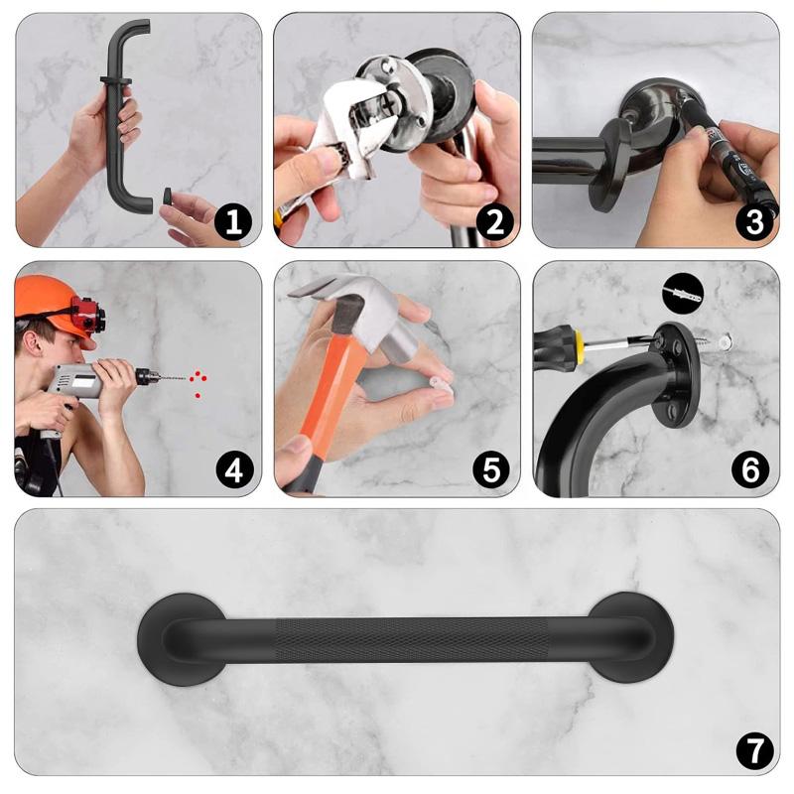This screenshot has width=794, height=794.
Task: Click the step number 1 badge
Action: click(233, 221)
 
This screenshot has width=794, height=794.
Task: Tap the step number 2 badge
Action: click(494, 221)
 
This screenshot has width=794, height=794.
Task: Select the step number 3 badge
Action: click(754, 221)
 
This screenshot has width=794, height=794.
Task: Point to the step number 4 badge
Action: click(234, 469)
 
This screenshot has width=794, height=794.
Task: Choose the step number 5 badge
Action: click(491, 469)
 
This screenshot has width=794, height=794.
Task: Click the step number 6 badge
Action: click(750, 469)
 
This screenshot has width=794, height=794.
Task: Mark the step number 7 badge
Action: click(754, 750)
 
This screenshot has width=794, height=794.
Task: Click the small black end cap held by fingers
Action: click(167, 196)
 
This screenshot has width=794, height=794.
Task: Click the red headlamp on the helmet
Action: click(88, 314)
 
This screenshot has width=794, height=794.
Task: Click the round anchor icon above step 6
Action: click(683, 292)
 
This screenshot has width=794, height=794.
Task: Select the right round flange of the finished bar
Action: click(630, 637)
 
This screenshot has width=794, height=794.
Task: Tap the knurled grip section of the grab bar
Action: click(411, 639)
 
